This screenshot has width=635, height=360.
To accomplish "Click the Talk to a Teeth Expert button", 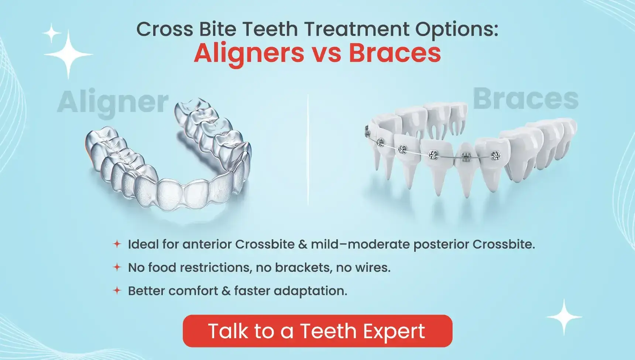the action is pos(317,331).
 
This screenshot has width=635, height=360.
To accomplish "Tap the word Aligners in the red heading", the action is pos(249,53).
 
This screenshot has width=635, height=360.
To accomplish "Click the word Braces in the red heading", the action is pos(395,53).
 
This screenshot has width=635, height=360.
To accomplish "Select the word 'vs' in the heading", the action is pos(326,55).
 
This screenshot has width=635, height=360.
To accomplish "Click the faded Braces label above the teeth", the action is pos(525,99).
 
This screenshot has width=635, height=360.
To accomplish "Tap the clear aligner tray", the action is pos(168,159).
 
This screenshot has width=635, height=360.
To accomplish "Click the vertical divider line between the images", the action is pos(308,150).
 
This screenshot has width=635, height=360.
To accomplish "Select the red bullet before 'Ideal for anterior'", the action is pos(117,244).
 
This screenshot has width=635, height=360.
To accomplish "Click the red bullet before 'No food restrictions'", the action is pos(117,267).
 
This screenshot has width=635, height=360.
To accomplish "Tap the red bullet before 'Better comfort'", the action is pos(117,290).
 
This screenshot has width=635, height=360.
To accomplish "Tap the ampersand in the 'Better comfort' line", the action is pos(226,291).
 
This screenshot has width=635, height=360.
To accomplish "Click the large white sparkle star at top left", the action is pos(68,54).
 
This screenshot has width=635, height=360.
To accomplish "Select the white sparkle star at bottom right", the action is pos(564,317).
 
